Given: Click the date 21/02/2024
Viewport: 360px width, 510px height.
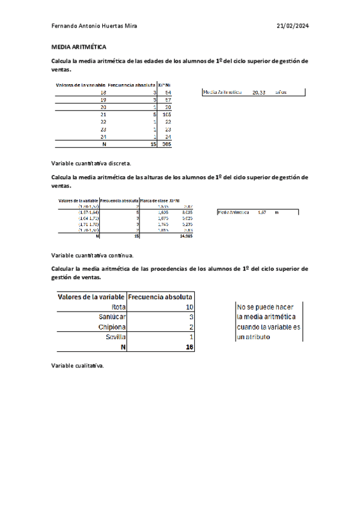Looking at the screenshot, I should (292, 26).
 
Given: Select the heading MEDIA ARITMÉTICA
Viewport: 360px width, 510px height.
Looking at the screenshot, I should (79, 46).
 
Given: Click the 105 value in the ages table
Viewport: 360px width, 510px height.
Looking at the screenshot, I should (166, 114).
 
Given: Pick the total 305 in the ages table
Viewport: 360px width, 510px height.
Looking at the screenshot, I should (166, 144).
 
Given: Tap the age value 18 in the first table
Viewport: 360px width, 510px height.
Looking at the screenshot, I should (103, 93).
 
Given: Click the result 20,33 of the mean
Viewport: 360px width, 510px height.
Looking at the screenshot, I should (259, 93).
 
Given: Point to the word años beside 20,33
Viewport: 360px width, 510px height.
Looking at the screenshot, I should (281, 93).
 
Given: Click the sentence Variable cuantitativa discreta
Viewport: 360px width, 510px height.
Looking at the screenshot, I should (91, 163).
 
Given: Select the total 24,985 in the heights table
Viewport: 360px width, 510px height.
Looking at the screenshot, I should (186, 236).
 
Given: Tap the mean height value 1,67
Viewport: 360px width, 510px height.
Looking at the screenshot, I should (261, 212).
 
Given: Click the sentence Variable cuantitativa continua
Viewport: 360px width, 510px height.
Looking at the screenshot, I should (93, 255).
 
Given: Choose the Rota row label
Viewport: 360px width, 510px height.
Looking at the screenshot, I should (116, 307).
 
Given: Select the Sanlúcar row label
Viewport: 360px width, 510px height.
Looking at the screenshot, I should (112, 317).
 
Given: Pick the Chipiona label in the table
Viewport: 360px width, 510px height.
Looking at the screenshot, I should (112, 327).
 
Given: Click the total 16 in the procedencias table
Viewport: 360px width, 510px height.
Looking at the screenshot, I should (189, 347).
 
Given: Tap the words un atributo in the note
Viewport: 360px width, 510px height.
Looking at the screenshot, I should (253, 337).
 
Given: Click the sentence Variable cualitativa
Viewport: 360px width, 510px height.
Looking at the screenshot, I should (78, 366).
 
